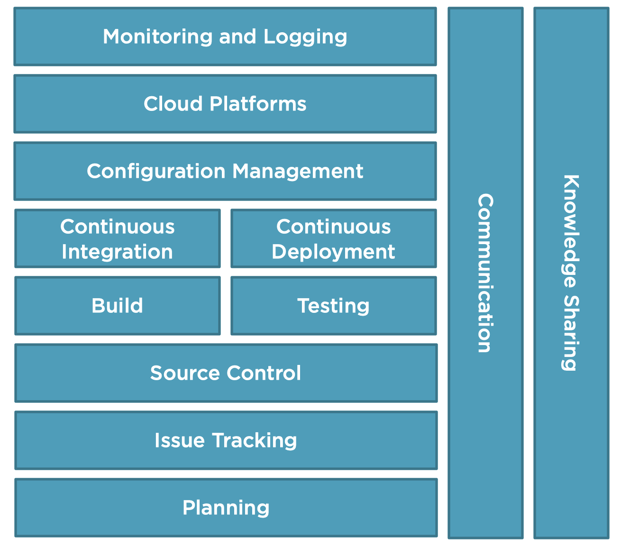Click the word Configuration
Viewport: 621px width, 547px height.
tap(156, 172)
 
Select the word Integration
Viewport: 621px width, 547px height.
tap(117, 252)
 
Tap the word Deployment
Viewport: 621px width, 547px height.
tap(333, 252)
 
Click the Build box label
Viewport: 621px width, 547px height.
tap(117, 306)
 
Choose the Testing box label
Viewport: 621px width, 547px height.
tap(333, 306)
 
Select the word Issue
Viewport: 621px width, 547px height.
tap(180, 440)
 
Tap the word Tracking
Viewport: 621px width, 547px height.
tap(255, 441)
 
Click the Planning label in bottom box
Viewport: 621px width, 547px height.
tap(226, 508)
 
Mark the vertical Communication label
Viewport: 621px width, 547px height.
tap(485, 273)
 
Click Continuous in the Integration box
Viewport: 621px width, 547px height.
tap(117, 227)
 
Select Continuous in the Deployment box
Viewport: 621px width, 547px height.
tap(333, 227)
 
